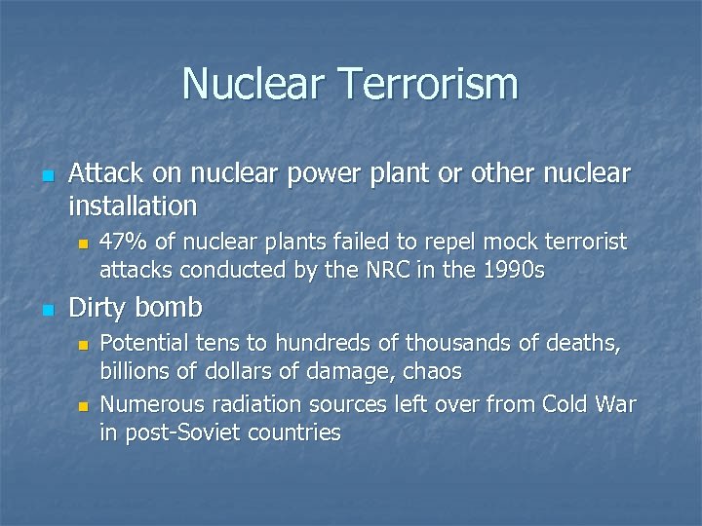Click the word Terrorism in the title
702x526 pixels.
pos(429,84)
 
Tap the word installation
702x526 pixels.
pos(133,207)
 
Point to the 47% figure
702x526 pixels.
pos(122,241)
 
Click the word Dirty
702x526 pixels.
pos(98,308)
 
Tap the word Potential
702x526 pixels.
pos(142,342)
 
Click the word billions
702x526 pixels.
pos(132,371)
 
